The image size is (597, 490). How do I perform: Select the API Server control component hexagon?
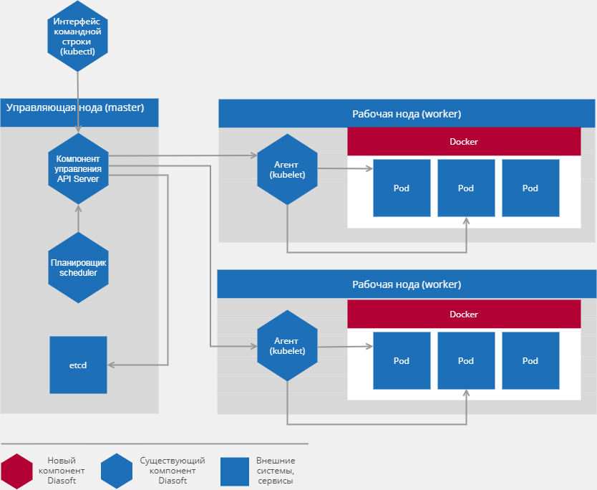point(78,168)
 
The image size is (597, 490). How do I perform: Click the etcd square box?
point(78,365)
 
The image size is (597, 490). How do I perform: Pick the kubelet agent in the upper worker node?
point(286,170)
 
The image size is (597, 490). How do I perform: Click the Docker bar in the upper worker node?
point(464,142)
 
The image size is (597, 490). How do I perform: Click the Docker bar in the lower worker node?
point(464,314)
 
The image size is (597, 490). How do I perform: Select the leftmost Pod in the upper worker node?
point(402,188)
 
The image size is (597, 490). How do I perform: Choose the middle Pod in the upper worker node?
point(466,188)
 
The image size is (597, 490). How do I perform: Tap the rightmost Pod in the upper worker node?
point(530,188)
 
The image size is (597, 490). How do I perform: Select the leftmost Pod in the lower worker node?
point(402,360)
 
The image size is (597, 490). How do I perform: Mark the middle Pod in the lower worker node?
point(466,360)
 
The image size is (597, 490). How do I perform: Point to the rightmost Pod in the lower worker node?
point(530,360)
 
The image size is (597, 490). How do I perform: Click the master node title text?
point(75,108)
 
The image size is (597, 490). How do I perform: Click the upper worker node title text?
point(407,114)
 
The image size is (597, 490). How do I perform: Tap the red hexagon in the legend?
point(16,471)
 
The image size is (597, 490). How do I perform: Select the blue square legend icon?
point(234,471)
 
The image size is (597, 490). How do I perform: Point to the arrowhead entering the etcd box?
point(112,365)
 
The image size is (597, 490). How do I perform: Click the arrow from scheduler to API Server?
point(78,218)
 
